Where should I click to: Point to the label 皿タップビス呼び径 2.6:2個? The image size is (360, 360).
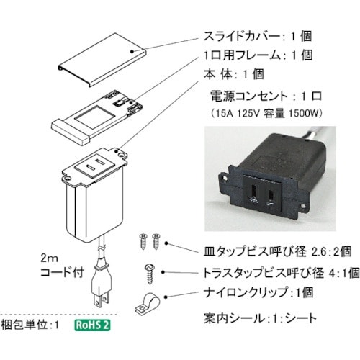pyautogui.click(x=274, y=252)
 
